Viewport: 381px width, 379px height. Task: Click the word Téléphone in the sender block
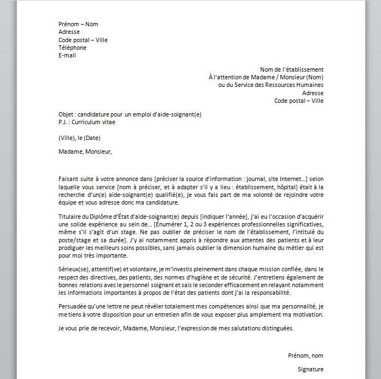pos(72,48)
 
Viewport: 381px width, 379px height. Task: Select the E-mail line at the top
pos(68,55)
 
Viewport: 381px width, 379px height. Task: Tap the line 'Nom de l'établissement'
pos(291,69)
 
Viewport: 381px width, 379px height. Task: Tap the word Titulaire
pos(71,217)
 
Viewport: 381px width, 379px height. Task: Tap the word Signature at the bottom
pos(310,369)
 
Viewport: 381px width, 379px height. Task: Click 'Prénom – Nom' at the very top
pos(78,24)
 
